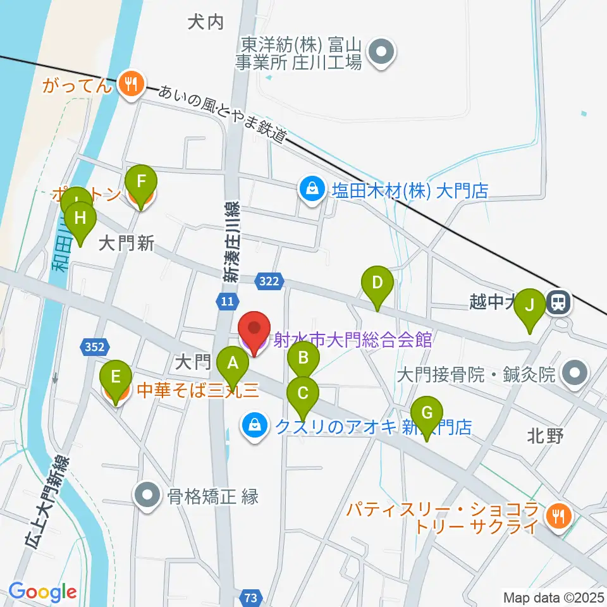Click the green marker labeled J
point(530,306)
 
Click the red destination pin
point(254,330)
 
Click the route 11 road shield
point(228,302)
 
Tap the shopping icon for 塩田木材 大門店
point(312,188)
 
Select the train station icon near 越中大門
point(558,302)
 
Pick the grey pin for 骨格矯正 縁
point(147,496)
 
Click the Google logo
point(42,592)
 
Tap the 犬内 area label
point(206,23)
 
